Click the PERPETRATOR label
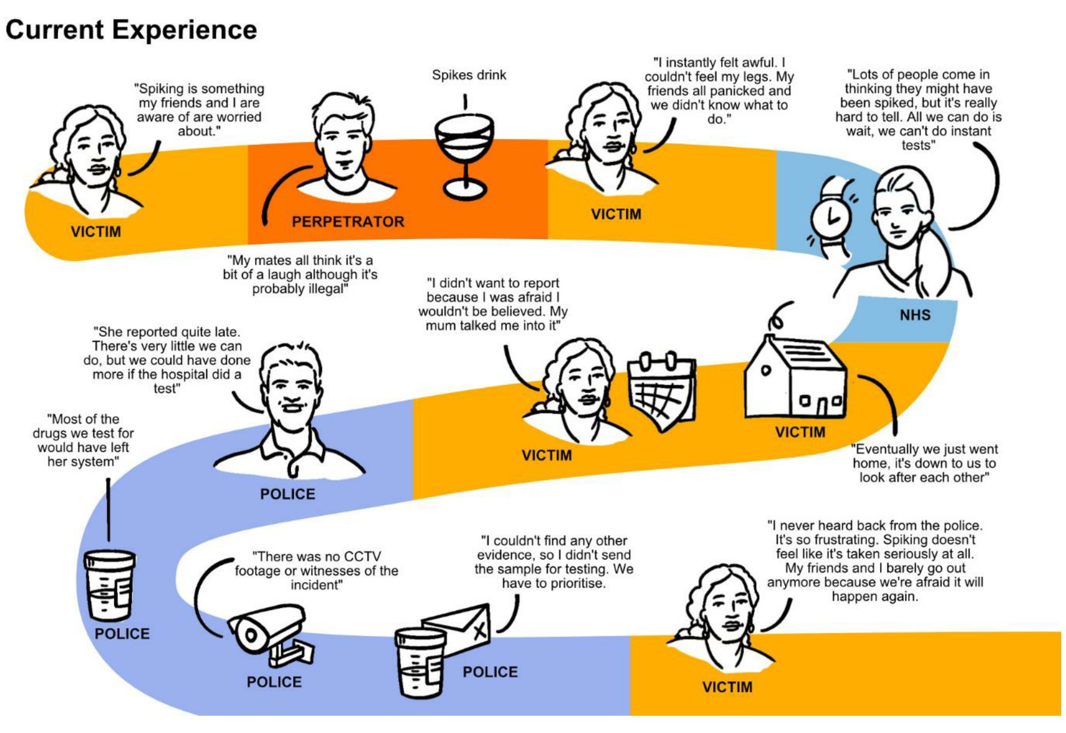pyautogui.click(x=348, y=222)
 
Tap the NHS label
pyautogui.click(x=915, y=315)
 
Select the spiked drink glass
pyautogui.click(x=465, y=155)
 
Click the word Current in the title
pyautogui.click(x=54, y=30)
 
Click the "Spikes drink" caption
pyautogui.click(x=469, y=75)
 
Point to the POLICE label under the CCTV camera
pyautogui.click(x=274, y=682)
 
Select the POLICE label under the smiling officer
pyautogui.click(x=287, y=494)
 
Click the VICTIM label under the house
pyautogui.click(x=800, y=432)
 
